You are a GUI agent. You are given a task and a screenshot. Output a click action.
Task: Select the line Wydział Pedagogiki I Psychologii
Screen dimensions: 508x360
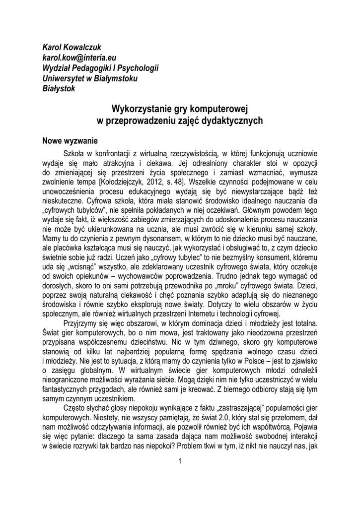[x=100, y=68]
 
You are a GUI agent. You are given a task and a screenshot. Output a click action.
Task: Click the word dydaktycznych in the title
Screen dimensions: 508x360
[x=232, y=121]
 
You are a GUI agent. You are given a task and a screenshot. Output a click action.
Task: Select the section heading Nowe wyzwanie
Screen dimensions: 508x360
[x=70, y=141]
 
